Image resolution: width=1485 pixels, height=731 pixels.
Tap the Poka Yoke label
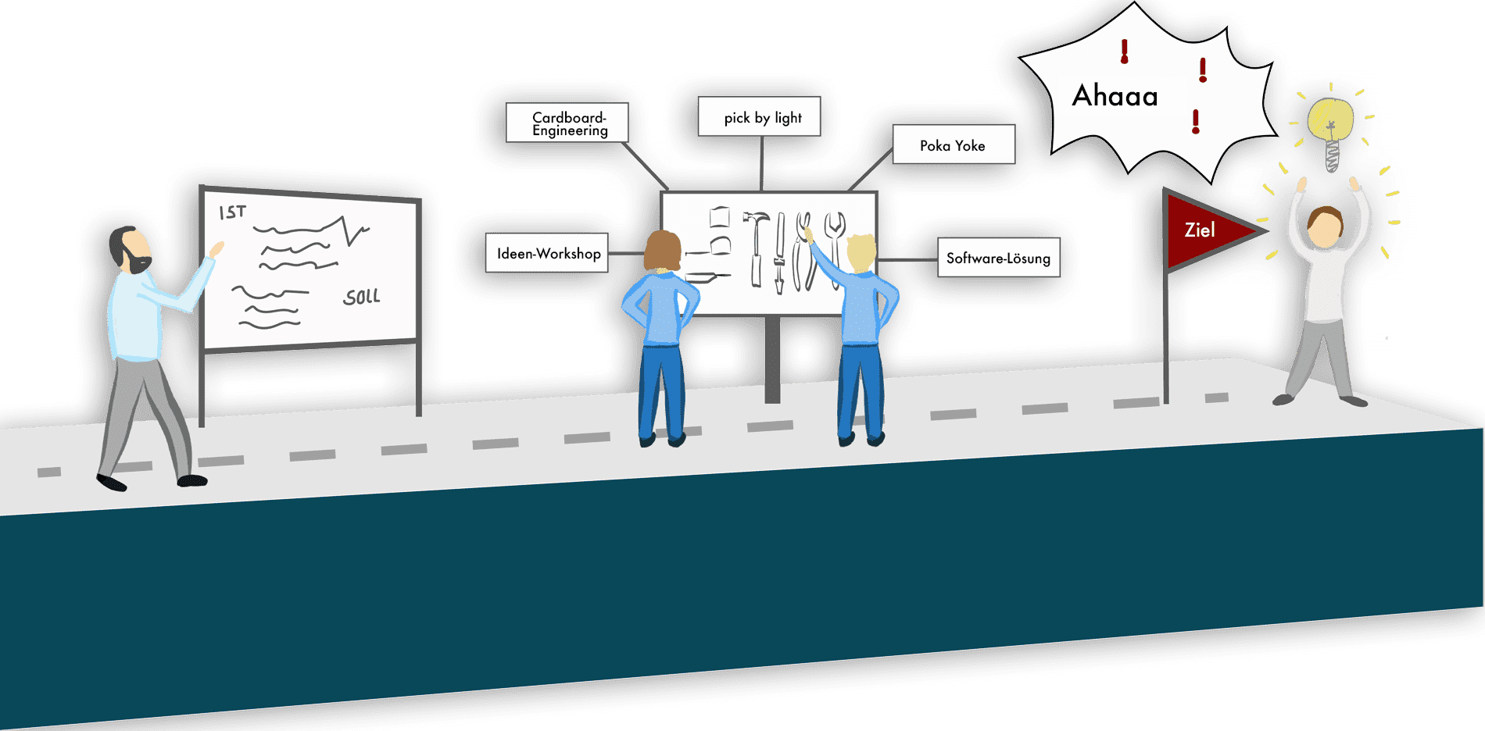tap(954, 144)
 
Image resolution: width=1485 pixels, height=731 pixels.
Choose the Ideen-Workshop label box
tap(547, 253)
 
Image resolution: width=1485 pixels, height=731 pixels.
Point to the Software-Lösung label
tap(999, 258)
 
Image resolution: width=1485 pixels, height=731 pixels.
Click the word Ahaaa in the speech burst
tap(1115, 96)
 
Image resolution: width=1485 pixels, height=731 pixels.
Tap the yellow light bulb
tap(1331, 121)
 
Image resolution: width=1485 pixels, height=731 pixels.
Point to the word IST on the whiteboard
tap(232, 212)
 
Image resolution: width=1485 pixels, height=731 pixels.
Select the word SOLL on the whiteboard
tap(362, 297)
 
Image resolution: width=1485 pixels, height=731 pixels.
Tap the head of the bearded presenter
tap(133, 249)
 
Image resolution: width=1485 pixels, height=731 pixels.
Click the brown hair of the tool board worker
tap(662, 250)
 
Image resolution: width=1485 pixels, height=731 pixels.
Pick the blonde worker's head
tap(861, 252)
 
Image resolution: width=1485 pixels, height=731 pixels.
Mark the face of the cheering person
tap(1324, 229)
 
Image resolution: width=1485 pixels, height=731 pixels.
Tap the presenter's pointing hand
tap(216, 249)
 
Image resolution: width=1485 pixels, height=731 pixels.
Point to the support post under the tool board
tap(772, 359)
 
